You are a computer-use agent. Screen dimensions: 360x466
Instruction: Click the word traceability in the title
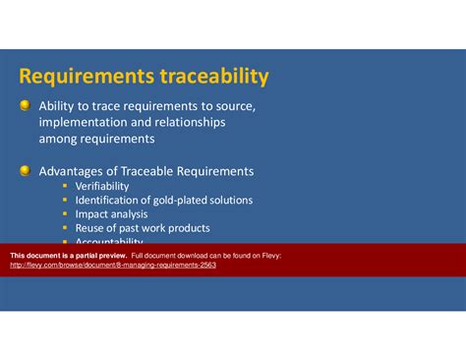(x=206, y=76)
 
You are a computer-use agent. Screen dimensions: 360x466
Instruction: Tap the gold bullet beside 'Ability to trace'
(x=25, y=106)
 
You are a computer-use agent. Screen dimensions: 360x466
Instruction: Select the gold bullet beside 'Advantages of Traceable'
(x=25, y=171)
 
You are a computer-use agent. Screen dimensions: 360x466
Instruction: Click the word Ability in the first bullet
(x=56, y=106)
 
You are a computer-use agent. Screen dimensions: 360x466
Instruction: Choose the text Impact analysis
(x=111, y=213)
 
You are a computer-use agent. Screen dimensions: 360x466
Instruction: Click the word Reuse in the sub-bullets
(x=91, y=228)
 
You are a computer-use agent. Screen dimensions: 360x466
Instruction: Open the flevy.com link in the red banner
(x=112, y=265)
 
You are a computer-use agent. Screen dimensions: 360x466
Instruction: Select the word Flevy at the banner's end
(x=269, y=255)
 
